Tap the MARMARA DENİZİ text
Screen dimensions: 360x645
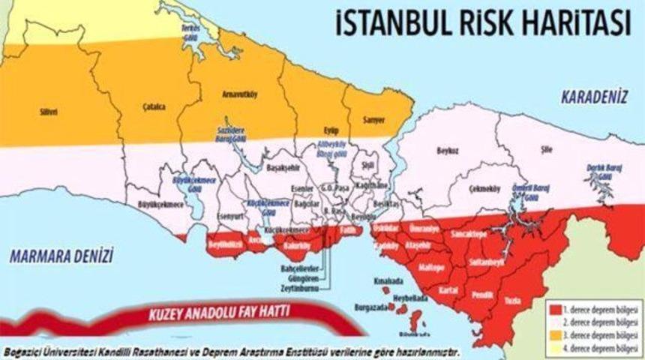pos(61,257)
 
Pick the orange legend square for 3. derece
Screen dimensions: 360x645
pos(555,330)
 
